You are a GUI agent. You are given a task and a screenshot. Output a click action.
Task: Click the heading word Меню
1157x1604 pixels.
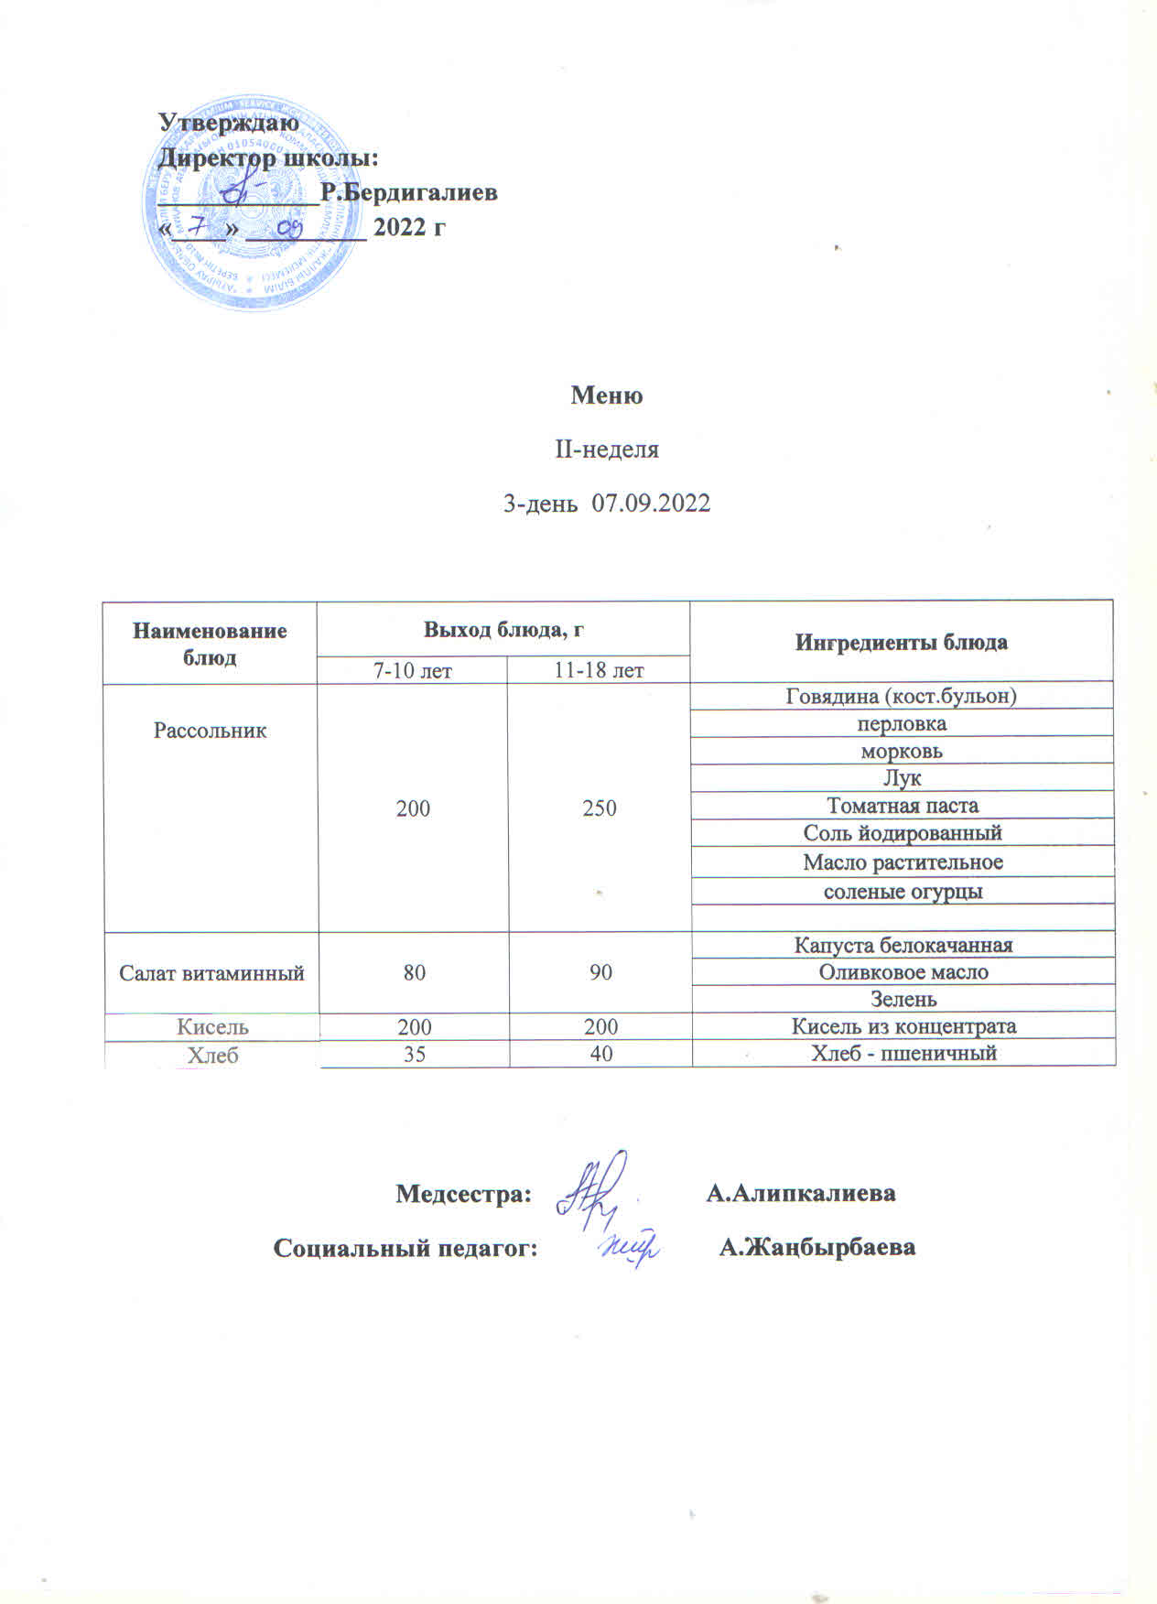click(x=606, y=396)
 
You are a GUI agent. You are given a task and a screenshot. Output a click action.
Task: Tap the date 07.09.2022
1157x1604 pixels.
click(x=651, y=504)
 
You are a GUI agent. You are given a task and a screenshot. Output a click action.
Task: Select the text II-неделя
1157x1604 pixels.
click(x=607, y=450)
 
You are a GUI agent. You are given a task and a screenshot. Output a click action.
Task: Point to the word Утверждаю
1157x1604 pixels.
click(x=229, y=122)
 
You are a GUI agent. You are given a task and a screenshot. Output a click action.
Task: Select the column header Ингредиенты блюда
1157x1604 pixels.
click(x=901, y=642)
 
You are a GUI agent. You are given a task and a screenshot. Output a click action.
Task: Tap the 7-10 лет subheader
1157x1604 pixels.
click(x=412, y=670)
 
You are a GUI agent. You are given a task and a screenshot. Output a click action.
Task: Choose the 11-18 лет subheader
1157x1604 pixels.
click(x=599, y=670)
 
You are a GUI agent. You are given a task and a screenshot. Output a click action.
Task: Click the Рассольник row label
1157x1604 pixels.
click(x=211, y=731)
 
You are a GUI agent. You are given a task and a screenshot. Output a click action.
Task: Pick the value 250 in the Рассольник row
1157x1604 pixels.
click(x=600, y=807)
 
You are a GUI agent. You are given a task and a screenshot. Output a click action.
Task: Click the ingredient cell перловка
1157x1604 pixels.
click(x=902, y=723)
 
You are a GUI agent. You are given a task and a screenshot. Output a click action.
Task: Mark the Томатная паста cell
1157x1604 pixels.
click(x=903, y=806)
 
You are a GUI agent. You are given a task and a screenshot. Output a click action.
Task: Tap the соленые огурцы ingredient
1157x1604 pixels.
click(x=903, y=891)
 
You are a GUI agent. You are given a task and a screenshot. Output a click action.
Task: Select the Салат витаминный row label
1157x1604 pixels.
click(x=211, y=972)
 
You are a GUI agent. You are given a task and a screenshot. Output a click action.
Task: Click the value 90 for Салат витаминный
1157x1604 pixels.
click(x=600, y=972)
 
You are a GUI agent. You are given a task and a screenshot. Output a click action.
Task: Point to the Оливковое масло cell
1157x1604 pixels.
click(x=903, y=972)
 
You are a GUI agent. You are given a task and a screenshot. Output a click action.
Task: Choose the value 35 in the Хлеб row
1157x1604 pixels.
click(x=415, y=1054)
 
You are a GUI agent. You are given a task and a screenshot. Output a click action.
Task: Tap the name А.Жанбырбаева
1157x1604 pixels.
click(x=817, y=1247)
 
